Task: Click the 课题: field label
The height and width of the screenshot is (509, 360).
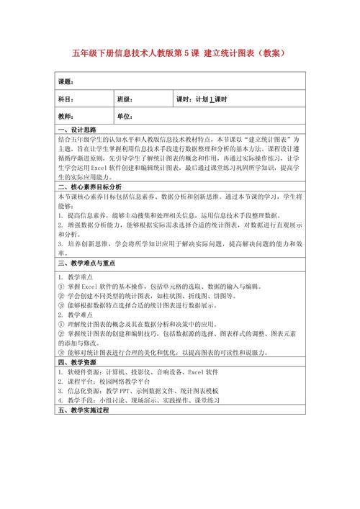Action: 66,81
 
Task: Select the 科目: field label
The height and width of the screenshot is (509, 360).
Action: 66,99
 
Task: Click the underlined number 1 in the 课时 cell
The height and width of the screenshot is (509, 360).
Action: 212,99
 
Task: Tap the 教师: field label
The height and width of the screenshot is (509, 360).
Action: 66,116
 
